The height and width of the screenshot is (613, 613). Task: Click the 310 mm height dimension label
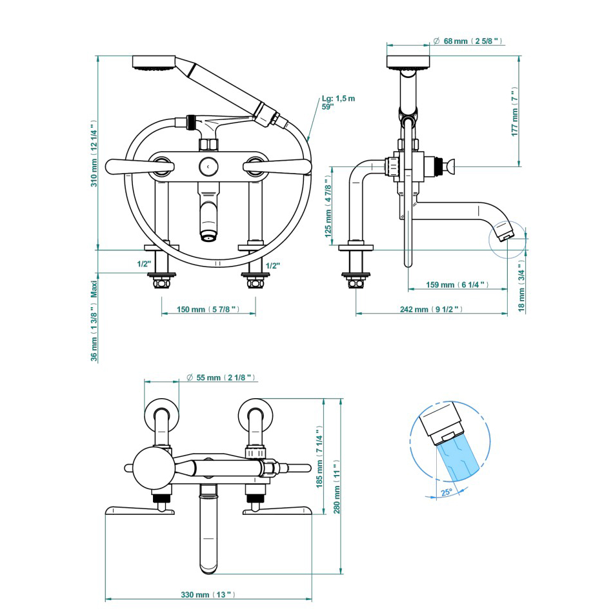94,154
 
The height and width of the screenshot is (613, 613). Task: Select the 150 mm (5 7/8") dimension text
208,310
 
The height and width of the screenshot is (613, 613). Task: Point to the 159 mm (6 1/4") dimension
456,285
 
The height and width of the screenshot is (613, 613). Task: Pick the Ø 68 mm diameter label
468,41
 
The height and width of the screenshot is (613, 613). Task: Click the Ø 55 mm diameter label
221,377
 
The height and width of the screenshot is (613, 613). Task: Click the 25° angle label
446,492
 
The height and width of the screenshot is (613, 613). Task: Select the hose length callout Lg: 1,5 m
337,103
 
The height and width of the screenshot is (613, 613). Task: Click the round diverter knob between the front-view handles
208,166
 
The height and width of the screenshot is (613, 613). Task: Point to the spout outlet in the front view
208,237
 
